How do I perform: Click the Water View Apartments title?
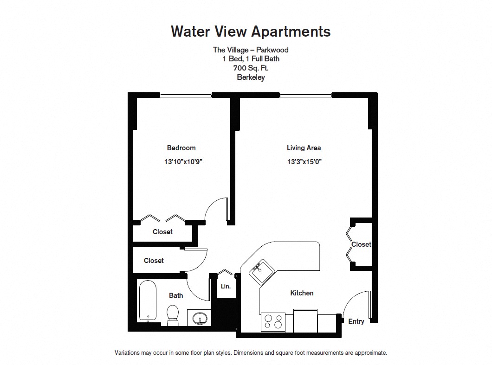[251, 32]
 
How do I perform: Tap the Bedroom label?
[181, 147]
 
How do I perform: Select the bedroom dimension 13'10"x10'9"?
[183, 162]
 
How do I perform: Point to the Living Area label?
[304, 148]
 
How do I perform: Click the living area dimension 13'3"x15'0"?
[304, 162]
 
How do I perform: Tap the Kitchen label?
[302, 293]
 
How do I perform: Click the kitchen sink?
[261, 272]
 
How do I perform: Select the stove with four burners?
[273, 322]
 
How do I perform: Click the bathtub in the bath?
[148, 301]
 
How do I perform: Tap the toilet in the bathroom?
[172, 315]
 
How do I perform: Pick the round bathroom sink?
[199, 318]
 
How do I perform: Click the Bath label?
[176, 295]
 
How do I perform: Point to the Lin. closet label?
[226, 286]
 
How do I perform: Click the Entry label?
[356, 321]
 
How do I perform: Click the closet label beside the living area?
[361, 244]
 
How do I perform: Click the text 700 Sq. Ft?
[251, 68]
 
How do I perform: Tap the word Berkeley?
[251, 77]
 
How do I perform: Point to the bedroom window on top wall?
[186, 95]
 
